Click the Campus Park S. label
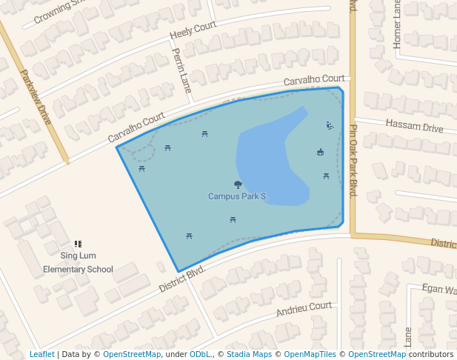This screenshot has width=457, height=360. (238, 196)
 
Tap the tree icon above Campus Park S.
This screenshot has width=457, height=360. (238, 184)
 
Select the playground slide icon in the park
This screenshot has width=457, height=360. (330, 125)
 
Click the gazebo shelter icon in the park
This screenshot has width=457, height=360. (320, 153)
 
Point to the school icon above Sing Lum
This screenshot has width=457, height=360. (78, 244)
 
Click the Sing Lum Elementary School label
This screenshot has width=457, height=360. (78, 263)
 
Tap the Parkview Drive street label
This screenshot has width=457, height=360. (35, 96)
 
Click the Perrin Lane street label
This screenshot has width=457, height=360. (181, 70)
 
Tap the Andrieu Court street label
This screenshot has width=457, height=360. (304, 309)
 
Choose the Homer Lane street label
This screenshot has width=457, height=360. (397, 25)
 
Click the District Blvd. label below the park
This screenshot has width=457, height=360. (181, 280)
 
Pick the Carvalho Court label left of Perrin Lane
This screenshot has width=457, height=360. (136, 128)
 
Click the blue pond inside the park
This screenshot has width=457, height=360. (270, 159)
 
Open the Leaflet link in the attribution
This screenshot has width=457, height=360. (41, 354)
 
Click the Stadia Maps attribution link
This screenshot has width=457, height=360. (247, 354)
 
